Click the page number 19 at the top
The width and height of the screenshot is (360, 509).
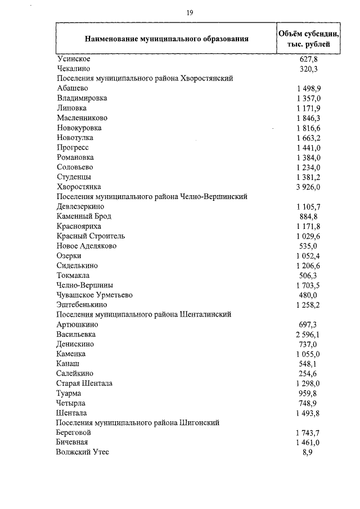[x=190, y=13]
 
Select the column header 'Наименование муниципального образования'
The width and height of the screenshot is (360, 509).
[x=166, y=39]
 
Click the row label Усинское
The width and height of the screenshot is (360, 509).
[x=74, y=58]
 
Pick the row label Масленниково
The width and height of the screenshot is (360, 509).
[x=82, y=118]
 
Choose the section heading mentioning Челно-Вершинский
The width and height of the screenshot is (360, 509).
[x=152, y=196]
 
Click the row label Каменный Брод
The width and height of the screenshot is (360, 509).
[x=84, y=216]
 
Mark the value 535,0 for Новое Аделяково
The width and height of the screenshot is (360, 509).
[x=308, y=246]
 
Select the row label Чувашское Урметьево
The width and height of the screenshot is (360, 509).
[x=94, y=295]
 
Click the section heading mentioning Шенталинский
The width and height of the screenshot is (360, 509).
[x=144, y=314]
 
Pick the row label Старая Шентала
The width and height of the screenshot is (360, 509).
[x=84, y=384]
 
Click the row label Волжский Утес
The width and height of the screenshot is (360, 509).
[x=83, y=452]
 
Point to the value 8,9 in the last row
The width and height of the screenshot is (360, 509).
[x=308, y=452]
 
